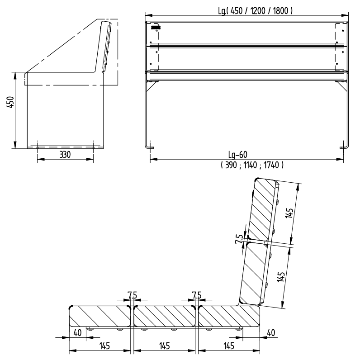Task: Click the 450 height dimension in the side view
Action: [x=10, y=102]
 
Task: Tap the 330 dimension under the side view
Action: [x=65, y=155]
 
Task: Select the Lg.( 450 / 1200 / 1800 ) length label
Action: [x=256, y=11]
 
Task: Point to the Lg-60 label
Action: [x=238, y=155]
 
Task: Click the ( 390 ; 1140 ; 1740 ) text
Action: [x=252, y=165]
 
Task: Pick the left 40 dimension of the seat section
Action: [x=77, y=333]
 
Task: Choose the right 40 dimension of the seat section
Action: [x=271, y=333]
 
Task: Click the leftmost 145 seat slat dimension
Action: [x=104, y=346]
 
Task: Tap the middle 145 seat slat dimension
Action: [x=164, y=346]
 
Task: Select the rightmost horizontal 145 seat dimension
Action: [x=229, y=346]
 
